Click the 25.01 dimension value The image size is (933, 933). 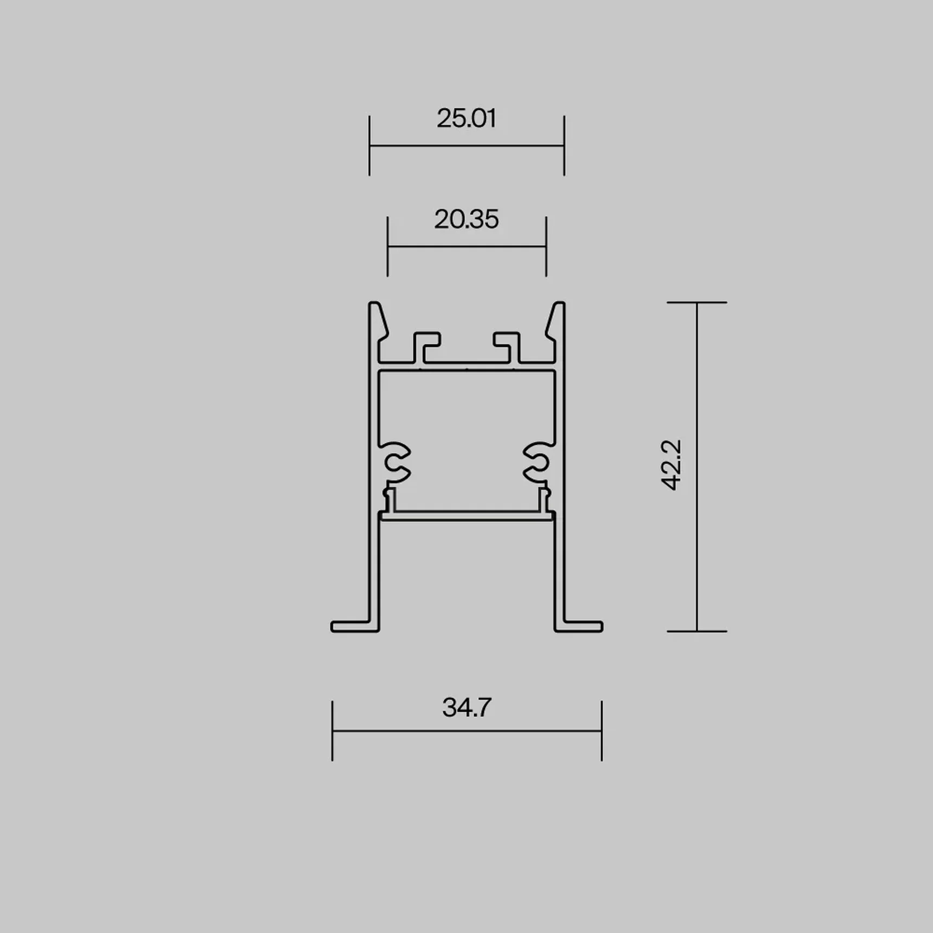pyautogui.click(x=467, y=118)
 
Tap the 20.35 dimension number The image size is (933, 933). pyautogui.click(x=467, y=219)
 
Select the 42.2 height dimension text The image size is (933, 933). pyautogui.click(x=672, y=465)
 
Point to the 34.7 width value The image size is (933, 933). pyautogui.click(x=467, y=707)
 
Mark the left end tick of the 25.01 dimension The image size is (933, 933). pyautogui.click(x=369, y=145)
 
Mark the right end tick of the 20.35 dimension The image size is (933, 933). pyautogui.click(x=546, y=246)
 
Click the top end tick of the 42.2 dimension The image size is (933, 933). pyautogui.click(x=697, y=302)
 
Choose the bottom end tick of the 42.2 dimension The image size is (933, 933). pyautogui.click(x=697, y=631)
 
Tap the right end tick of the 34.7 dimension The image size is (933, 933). pyautogui.click(x=602, y=731)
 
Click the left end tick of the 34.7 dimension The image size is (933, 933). pyautogui.click(x=333, y=731)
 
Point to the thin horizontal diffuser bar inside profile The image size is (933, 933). pyautogui.click(x=467, y=516)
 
